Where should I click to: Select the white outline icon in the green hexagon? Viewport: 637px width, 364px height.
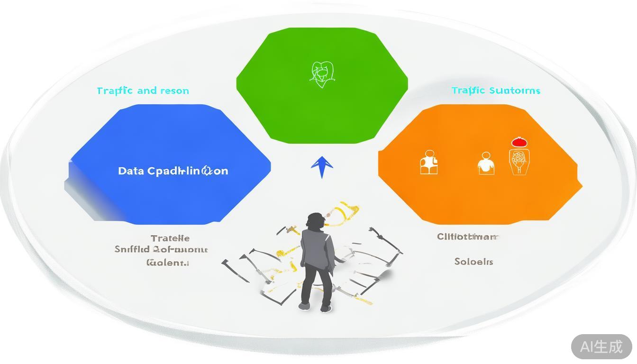point(322,74)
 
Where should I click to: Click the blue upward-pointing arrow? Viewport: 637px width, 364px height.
point(322,166)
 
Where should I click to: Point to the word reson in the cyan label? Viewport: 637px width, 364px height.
point(174,91)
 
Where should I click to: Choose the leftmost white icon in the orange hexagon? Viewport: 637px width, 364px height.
point(429,162)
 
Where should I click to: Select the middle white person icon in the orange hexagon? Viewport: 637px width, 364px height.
point(486,164)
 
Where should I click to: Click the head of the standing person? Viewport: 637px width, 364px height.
point(315,221)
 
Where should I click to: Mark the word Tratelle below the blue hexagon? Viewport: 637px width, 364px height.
point(170,238)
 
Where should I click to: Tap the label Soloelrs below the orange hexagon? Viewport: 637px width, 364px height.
point(473,262)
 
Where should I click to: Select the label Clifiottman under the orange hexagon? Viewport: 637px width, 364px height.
point(468,237)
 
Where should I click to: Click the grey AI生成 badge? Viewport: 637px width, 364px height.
point(601,346)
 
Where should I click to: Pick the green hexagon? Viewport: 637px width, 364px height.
point(322,109)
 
